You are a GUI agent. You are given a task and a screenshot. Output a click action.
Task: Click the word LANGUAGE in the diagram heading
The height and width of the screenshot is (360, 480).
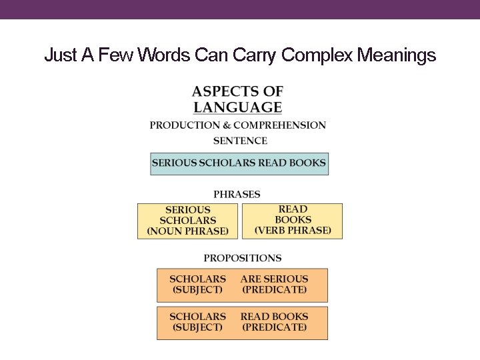(x=237, y=107)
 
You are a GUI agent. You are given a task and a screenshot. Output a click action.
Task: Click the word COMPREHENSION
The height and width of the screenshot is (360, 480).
(x=279, y=125)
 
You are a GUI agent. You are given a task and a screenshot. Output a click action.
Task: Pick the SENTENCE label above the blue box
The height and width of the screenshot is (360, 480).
(x=240, y=141)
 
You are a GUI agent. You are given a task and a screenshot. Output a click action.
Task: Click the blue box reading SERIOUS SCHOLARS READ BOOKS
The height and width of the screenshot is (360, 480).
(x=239, y=163)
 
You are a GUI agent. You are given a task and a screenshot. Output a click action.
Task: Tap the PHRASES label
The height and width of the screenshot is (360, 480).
(x=237, y=195)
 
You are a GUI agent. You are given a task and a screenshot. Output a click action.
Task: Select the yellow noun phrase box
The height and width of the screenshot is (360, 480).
(x=187, y=221)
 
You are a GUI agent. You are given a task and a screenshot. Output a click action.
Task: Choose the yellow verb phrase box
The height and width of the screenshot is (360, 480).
(x=293, y=221)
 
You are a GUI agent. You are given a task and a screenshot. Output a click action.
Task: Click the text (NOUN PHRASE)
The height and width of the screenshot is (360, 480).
(x=187, y=231)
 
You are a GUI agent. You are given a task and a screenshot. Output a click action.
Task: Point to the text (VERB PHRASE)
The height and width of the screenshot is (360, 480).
(x=293, y=231)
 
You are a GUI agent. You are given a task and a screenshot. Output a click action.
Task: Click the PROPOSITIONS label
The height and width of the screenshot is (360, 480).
(x=243, y=258)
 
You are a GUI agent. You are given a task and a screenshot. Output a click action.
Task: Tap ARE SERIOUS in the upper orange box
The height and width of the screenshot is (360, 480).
(x=274, y=279)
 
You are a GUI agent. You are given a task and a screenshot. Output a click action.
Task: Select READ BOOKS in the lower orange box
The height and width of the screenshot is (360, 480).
(x=274, y=317)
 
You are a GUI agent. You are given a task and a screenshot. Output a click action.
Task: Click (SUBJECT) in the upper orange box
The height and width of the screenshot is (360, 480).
(x=197, y=290)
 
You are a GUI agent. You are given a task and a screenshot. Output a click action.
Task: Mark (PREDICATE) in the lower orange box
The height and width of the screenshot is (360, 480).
(x=274, y=327)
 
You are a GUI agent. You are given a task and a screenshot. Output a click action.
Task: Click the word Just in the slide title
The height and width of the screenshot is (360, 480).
(x=61, y=55)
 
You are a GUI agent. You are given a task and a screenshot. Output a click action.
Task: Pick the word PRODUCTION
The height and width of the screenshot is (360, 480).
(x=183, y=125)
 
